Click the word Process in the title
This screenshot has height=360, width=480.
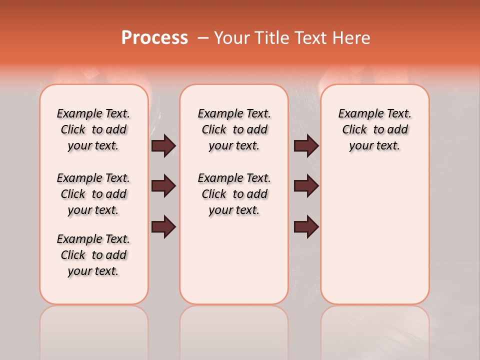pos(154,37)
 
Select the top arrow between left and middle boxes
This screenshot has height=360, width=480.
pos(163,146)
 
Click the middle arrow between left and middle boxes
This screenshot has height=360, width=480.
pos(163,186)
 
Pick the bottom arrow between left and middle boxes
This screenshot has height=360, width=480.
pos(163,226)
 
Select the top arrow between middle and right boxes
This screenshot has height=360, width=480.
pos(306,146)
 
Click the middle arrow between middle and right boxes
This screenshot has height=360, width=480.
pos(306,186)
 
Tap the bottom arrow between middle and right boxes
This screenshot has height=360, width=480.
pos(306,226)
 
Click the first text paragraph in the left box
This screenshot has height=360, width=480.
pos(93,129)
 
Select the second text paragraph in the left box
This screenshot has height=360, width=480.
pos(93,194)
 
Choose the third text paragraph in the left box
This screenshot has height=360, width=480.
pos(93,255)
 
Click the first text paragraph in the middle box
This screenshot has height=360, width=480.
pos(234,129)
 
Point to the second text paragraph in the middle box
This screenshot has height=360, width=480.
pos(234,194)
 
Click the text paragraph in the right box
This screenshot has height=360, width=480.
pos(374,129)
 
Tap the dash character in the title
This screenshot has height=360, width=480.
pos(203,38)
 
